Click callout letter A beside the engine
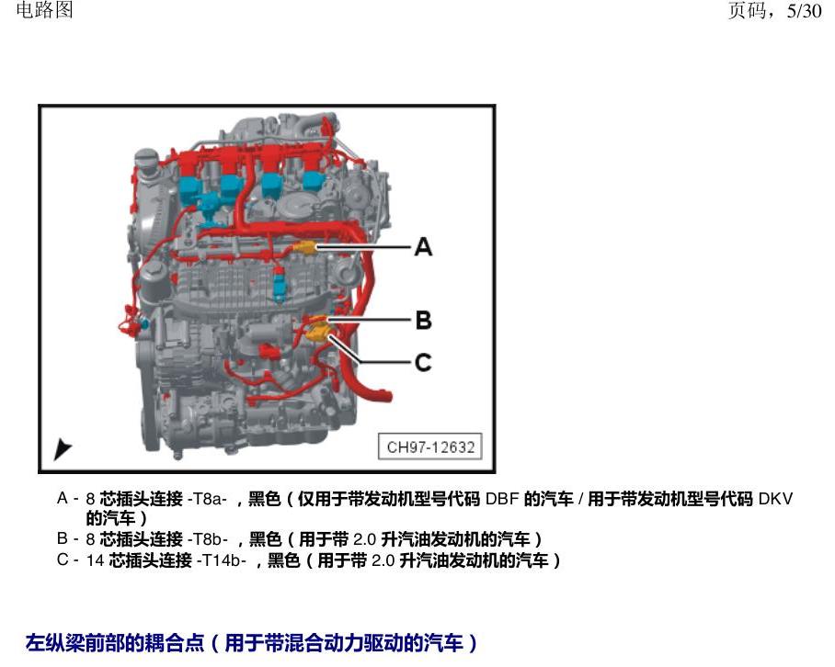click(423, 247)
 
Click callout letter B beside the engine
click(423, 321)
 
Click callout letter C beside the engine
click(423, 363)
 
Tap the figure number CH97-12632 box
click(430, 447)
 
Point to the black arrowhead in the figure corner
click(62, 449)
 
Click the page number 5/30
click(804, 11)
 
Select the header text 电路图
click(44, 9)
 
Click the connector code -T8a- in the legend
click(207, 499)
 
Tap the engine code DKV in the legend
click(775, 499)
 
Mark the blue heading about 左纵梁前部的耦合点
click(251, 642)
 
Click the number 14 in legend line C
click(95, 560)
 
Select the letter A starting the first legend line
click(63, 499)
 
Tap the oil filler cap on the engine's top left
click(146, 158)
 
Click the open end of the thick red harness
click(386, 396)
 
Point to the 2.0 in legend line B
click(365, 539)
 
